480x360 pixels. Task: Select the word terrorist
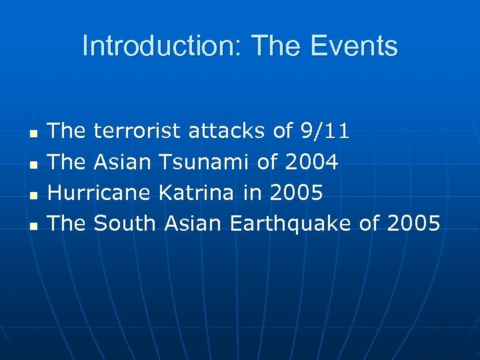point(137,131)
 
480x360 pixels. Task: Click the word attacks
point(227,131)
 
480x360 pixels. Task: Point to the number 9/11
point(324,131)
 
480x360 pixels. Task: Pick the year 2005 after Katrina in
point(296,193)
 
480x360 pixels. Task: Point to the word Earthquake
point(290,224)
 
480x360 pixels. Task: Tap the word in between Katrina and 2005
point(252,193)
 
